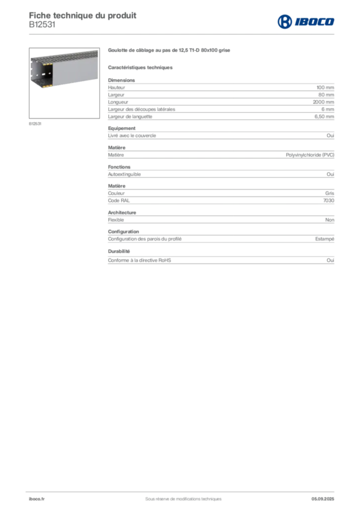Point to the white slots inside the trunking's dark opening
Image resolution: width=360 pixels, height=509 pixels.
coord(44,75)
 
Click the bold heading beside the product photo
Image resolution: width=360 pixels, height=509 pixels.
coord(168,51)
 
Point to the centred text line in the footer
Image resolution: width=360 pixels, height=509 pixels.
coord(180,496)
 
